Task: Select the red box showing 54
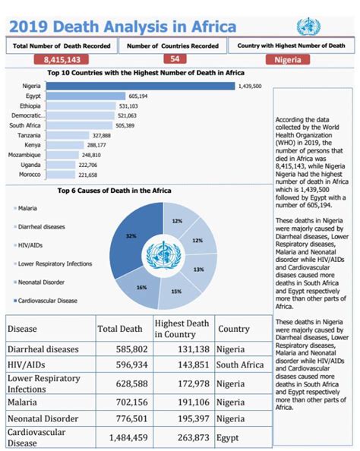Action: (175, 59)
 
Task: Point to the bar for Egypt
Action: (85, 96)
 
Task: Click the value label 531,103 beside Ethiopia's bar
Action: (128, 106)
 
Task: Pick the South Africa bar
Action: (79, 125)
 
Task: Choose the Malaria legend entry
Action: (27, 207)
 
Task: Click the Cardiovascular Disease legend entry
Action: (48, 300)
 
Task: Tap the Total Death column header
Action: (120, 329)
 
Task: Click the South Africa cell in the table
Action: (242, 365)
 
